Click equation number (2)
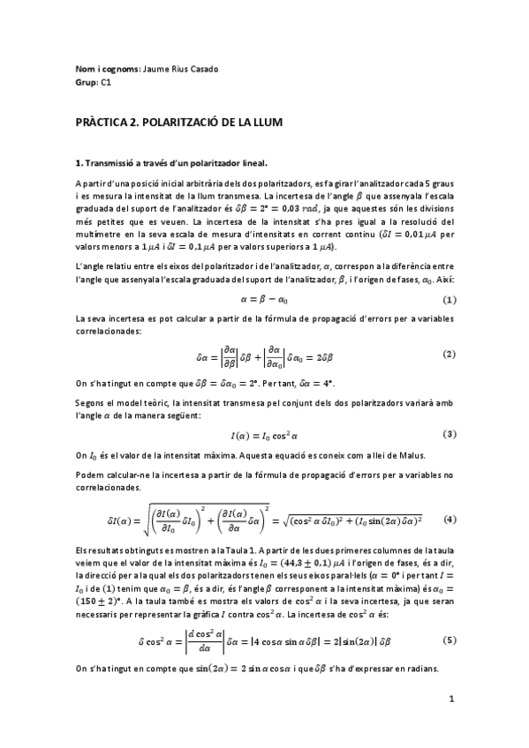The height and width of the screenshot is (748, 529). coord(448,354)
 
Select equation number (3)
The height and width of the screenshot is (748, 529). coord(448,434)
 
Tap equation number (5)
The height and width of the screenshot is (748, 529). coord(448,639)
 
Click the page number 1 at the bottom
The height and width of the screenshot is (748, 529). coord(450,699)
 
